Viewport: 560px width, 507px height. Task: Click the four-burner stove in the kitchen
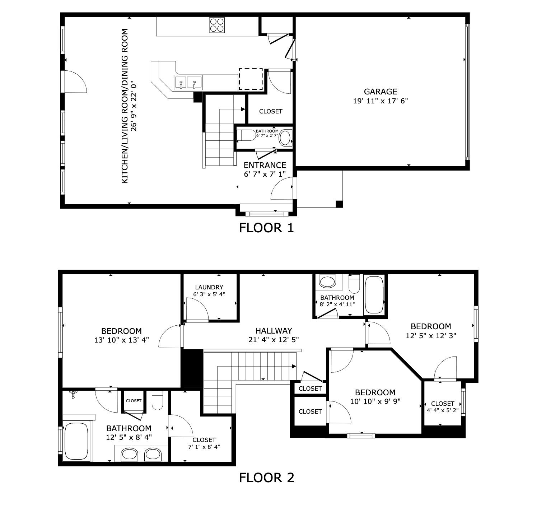(x=217, y=25)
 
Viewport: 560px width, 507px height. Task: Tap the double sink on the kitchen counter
(x=188, y=83)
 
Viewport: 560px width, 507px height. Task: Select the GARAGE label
(x=380, y=92)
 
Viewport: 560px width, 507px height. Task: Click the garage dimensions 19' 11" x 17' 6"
(x=380, y=101)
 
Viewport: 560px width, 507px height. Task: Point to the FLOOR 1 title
(x=266, y=228)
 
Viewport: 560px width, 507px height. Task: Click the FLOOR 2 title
(x=266, y=478)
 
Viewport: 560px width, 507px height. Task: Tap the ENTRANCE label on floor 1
(x=265, y=165)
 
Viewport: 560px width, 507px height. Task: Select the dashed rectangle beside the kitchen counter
(x=251, y=79)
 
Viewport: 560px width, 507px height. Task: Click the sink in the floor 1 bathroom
(x=285, y=138)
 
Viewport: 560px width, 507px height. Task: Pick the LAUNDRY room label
(x=209, y=287)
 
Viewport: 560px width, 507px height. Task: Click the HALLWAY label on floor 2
(x=274, y=331)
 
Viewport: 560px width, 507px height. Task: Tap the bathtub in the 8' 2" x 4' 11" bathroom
(x=374, y=295)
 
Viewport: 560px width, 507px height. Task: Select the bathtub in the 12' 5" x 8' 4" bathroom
(x=76, y=441)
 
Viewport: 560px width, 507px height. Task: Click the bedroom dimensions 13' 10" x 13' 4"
(x=121, y=340)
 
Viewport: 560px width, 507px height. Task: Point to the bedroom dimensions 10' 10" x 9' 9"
(x=375, y=401)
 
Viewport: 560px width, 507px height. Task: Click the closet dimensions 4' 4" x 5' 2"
(x=442, y=410)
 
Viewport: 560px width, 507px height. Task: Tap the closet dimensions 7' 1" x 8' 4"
(x=204, y=447)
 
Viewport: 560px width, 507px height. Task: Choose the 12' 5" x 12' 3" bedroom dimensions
(x=431, y=336)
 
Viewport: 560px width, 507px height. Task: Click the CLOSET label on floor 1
(x=270, y=111)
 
